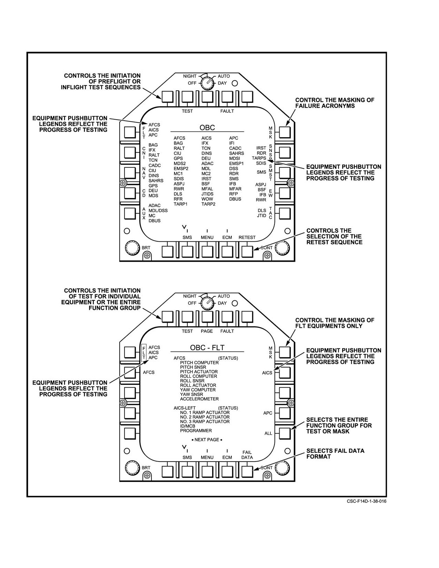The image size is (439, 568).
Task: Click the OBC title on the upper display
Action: (x=207, y=128)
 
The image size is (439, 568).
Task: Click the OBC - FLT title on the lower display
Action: (x=207, y=348)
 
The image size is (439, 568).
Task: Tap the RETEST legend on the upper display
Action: (x=247, y=238)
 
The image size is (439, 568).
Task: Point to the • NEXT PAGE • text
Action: (x=207, y=440)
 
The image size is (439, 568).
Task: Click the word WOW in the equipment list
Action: (x=207, y=199)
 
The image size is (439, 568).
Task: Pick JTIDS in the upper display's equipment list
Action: (x=207, y=194)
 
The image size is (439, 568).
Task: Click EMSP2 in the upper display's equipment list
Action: (x=181, y=169)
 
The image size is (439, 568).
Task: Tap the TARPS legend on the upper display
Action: (x=259, y=158)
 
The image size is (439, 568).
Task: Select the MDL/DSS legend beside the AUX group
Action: (x=158, y=211)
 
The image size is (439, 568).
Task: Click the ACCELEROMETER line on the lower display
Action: (x=199, y=399)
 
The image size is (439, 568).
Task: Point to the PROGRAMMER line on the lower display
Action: (x=196, y=430)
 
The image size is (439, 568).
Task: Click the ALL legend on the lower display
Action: (x=268, y=434)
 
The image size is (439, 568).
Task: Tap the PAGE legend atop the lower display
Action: (x=207, y=331)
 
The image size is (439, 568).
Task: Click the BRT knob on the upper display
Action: (x=132, y=247)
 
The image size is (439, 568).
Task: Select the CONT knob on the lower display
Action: (x=282, y=468)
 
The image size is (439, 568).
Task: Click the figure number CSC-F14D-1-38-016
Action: (x=367, y=501)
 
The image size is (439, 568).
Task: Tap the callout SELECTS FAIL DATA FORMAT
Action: (x=335, y=454)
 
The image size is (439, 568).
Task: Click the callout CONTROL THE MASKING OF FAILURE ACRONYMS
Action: (x=335, y=103)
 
